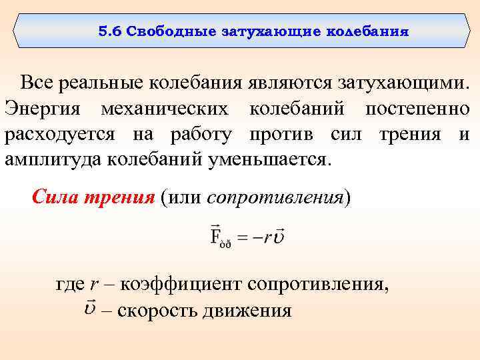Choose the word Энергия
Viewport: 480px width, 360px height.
coord(44,109)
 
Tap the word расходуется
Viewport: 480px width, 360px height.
coord(61,134)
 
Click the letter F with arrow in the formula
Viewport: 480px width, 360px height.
coord(216,235)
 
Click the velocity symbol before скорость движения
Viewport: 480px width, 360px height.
coord(91,309)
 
